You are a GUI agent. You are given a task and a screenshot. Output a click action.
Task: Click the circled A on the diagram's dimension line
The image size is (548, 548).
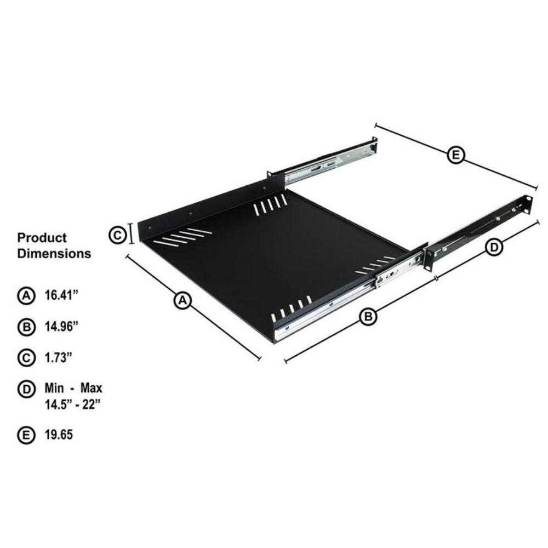(182, 300)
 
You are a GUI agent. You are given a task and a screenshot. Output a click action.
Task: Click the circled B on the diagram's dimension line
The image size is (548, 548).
(368, 316)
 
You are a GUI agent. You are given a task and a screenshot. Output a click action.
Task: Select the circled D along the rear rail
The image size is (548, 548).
(494, 247)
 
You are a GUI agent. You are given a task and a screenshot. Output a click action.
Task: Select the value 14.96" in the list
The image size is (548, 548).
(61, 327)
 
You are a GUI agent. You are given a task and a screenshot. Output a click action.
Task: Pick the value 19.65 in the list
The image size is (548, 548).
(59, 436)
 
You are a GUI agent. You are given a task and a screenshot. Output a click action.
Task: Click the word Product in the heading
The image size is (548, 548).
(42, 238)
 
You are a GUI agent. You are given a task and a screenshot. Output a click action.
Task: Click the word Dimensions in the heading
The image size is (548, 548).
(54, 254)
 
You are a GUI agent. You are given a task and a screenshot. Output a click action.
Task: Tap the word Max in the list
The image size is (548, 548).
(91, 389)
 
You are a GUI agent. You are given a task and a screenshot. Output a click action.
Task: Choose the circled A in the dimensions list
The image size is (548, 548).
(25, 296)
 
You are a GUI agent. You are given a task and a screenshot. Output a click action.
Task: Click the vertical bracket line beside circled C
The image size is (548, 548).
(132, 234)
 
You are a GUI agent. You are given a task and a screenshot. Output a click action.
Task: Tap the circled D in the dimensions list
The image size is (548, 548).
(25, 390)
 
